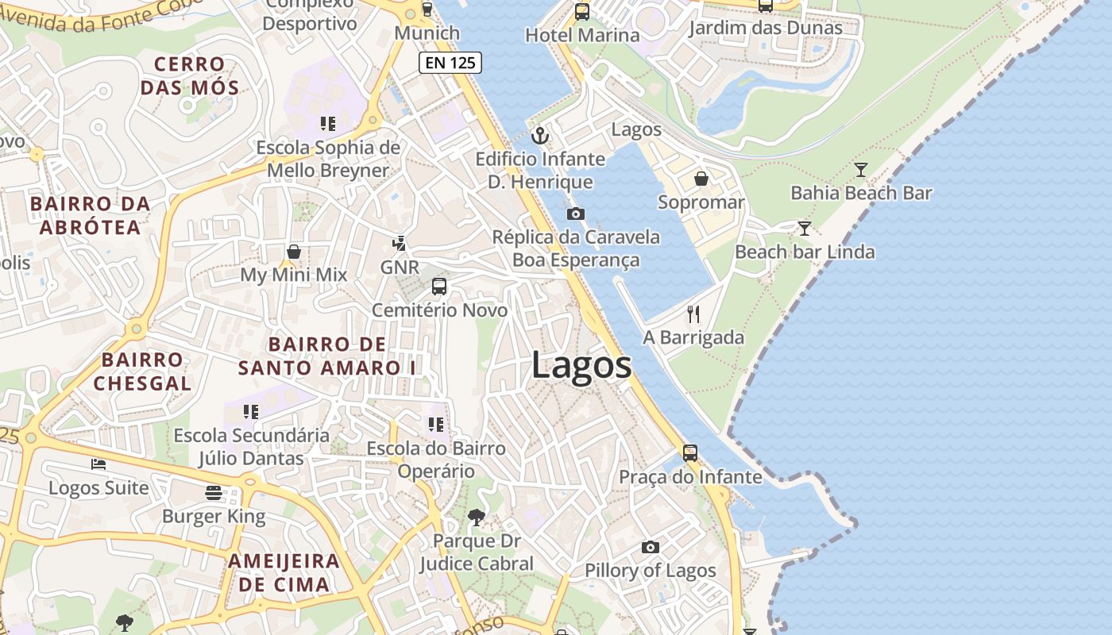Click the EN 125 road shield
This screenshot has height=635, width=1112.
(x=450, y=63)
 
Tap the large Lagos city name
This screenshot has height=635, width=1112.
(x=581, y=366)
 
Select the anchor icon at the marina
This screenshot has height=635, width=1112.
(x=540, y=136)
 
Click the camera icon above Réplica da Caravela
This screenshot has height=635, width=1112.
(x=576, y=214)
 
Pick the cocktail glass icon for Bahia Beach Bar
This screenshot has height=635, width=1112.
(x=860, y=169)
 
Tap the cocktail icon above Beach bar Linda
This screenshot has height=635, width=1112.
(x=805, y=229)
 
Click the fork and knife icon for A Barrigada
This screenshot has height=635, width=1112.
(x=693, y=314)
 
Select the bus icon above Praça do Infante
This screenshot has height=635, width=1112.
(x=690, y=453)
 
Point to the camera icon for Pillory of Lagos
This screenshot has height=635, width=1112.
(x=651, y=547)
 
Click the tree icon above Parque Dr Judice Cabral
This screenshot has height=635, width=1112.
(x=476, y=518)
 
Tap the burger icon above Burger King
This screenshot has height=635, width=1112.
(x=213, y=493)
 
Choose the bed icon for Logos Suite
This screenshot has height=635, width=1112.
(x=98, y=464)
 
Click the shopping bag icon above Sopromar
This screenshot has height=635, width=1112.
(x=701, y=179)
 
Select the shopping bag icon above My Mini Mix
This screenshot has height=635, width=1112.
(x=294, y=252)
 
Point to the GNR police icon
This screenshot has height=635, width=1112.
(x=400, y=244)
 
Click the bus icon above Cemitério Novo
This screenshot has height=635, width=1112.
(x=438, y=287)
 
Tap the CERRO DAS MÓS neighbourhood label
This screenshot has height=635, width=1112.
(x=190, y=75)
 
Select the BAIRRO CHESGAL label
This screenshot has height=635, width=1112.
(x=143, y=371)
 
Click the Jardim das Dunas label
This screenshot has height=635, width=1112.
(x=766, y=29)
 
